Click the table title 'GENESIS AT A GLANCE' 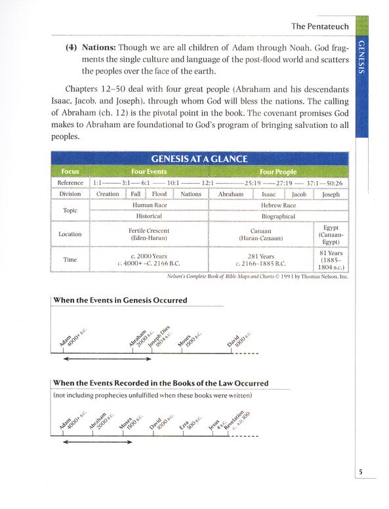[199, 159]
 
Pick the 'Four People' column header [278, 171]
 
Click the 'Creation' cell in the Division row [108, 194]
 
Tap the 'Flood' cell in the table [159, 194]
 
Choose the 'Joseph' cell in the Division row [331, 194]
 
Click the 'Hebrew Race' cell [279, 205]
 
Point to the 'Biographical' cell [279, 216]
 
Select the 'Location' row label [70, 234]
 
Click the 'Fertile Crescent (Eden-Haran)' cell [149, 234]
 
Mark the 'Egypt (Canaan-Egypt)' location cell [331, 234]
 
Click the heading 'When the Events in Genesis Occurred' [120, 300]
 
